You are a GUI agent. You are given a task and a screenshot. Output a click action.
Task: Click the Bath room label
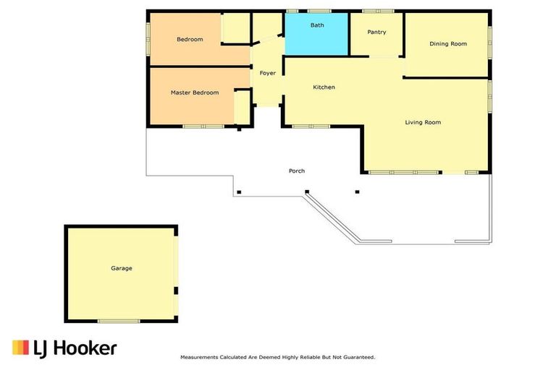click(317, 25)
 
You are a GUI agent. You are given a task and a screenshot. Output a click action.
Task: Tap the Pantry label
click(376, 32)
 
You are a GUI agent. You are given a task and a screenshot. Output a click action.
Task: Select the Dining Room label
click(448, 44)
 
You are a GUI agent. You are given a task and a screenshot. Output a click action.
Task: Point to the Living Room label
click(423, 122)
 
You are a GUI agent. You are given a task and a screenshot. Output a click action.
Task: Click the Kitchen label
click(324, 87)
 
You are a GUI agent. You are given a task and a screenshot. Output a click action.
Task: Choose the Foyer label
click(268, 73)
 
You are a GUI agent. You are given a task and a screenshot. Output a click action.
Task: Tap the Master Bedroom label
click(195, 92)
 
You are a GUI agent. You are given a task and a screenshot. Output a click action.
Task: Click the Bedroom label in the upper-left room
click(190, 39)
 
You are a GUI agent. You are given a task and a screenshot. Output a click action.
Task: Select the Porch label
click(297, 171)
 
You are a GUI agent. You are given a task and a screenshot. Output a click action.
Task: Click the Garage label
click(121, 268)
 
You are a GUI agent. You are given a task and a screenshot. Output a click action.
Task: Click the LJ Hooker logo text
click(75, 348)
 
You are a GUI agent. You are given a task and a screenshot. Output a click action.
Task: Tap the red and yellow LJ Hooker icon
click(20, 348)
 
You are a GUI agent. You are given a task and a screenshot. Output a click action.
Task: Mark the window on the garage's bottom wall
click(119, 321)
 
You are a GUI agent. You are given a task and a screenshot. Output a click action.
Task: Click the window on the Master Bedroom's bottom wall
click(203, 126)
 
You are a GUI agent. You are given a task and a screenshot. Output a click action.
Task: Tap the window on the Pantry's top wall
click(378, 11)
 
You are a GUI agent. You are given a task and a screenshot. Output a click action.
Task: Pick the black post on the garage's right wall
click(175, 291)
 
